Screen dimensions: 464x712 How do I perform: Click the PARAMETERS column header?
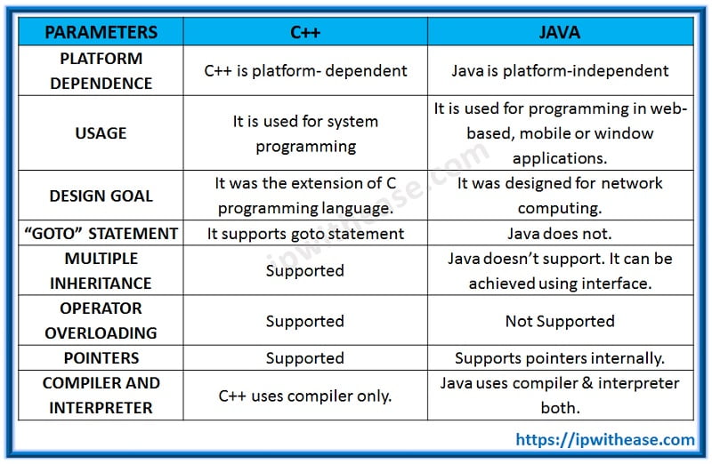click(101, 33)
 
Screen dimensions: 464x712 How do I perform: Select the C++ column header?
click(305, 33)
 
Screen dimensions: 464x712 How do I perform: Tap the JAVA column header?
click(560, 33)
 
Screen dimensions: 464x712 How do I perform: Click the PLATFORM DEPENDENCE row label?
click(101, 71)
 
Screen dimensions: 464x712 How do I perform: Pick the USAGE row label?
click(101, 133)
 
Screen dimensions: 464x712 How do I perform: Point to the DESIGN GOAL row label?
click(101, 196)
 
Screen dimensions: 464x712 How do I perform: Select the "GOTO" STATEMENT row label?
click(101, 234)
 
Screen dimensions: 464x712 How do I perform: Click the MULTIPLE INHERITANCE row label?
click(101, 271)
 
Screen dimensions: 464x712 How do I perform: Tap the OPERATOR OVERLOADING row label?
click(101, 321)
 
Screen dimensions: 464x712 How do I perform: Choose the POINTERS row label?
click(101, 358)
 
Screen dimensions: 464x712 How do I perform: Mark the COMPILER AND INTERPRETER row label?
click(101, 396)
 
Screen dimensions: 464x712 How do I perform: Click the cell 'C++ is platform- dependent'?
click(305, 71)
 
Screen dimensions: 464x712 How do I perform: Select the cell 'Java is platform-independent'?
click(560, 71)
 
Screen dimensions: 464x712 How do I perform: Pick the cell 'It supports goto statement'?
click(305, 234)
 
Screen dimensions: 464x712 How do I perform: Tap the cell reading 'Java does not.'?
click(560, 234)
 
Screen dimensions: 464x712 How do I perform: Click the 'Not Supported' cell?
click(560, 321)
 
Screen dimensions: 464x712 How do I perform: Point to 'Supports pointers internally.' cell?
click(560, 358)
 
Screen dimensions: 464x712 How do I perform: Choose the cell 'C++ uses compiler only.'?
click(305, 396)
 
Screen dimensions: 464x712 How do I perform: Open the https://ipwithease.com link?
click(605, 439)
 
